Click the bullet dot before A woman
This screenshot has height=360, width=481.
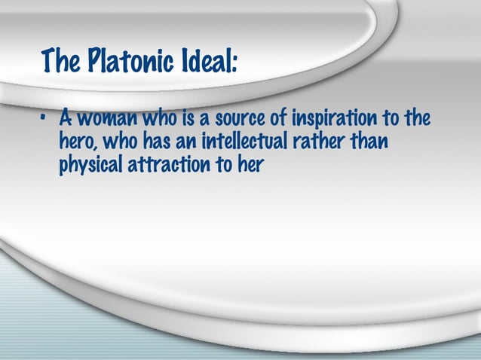pos(45,120)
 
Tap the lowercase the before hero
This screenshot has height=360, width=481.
pos(415,119)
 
